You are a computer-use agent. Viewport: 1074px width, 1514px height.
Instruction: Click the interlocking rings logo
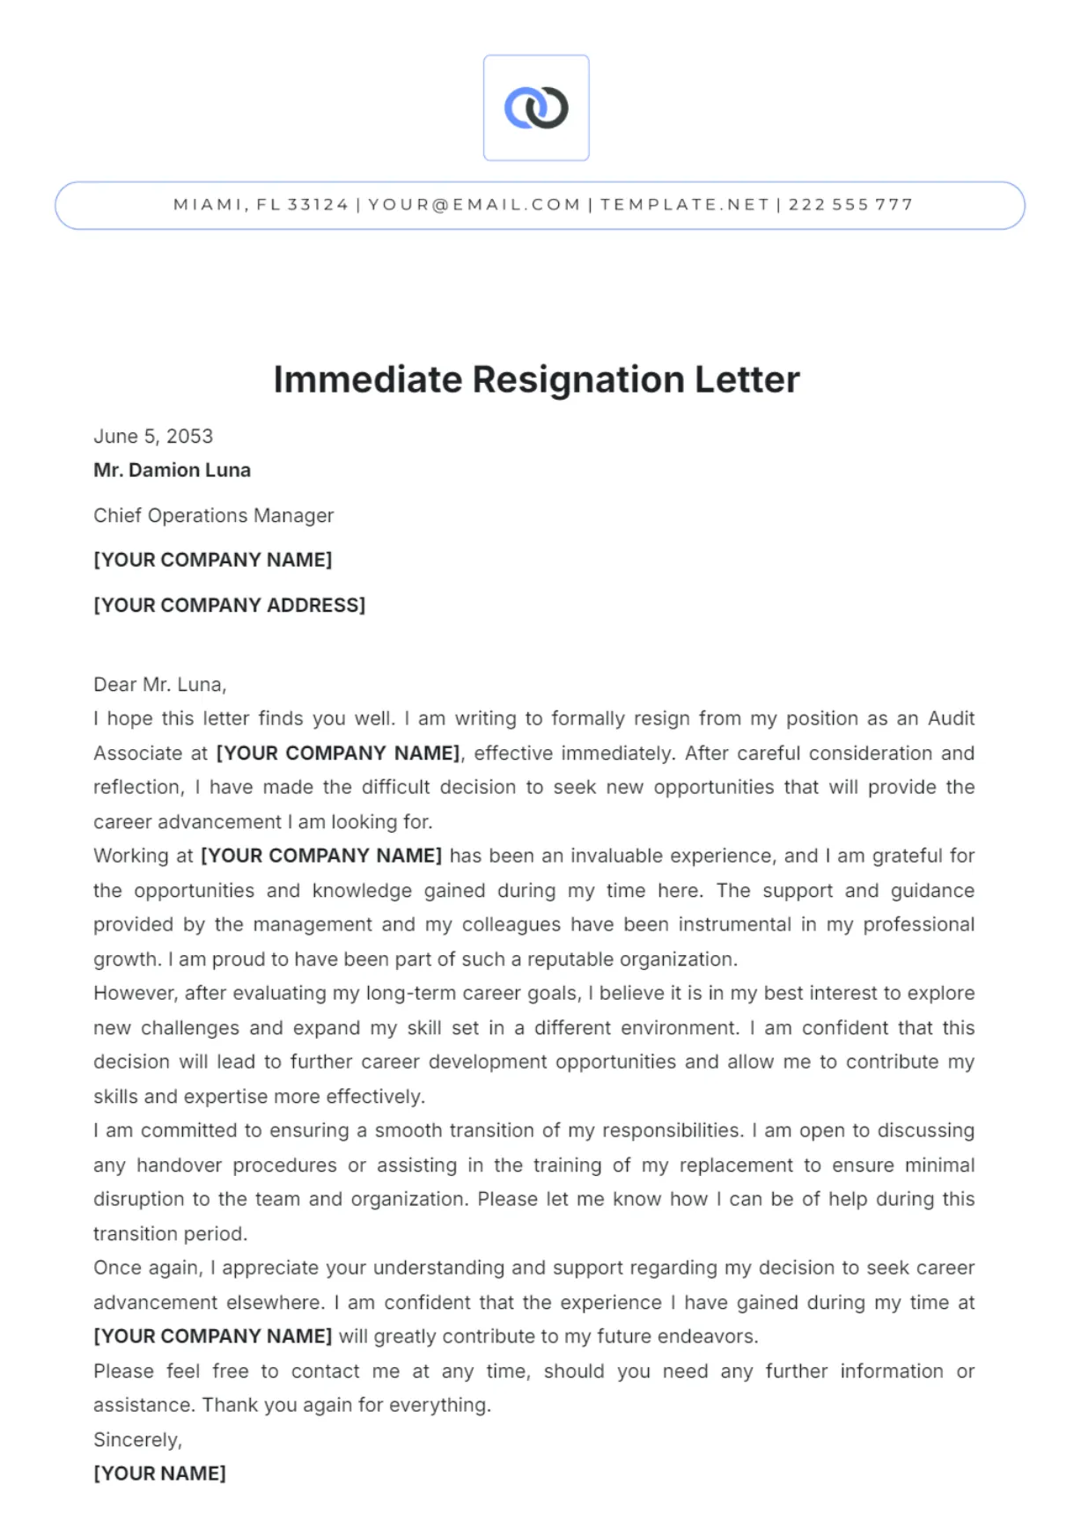pyautogui.click(x=536, y=108)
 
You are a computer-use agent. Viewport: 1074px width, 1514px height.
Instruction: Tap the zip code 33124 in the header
pyautogui.click(x=318, y=205)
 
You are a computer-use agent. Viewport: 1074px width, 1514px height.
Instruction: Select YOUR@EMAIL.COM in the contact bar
pyautogui.click(x=474, y=205)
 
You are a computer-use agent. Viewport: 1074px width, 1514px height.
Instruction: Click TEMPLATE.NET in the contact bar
pyautogui.click(x=685, y=205)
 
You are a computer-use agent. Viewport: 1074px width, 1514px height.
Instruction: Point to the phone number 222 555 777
pyautogui.click(x=850, y=205)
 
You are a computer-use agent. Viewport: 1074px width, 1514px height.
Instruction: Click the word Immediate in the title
pyautogui.click(x=367, y=380)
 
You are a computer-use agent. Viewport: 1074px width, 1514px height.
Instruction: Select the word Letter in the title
pyautogui.click(x=747, y=380)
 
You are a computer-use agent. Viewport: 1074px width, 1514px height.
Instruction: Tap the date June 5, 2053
pyautogui.click(x=153, y=437)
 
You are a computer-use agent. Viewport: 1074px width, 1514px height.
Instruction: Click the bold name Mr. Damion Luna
pyautogui.click(x=172, y=470)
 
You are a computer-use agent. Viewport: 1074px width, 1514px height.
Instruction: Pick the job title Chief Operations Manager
pyautogui.click(x=213, y=516)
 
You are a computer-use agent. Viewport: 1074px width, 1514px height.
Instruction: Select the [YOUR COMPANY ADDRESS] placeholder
pyautogui.click(x=229, y=606)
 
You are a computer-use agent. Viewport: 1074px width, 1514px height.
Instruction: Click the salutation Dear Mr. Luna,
pyautogui.click(x=159, y=685)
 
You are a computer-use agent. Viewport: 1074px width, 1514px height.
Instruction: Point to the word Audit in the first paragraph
pyautogui.click(x=951, y=719)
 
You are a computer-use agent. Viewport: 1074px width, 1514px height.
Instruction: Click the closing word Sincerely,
pyautogui.click(x=137, y=1440)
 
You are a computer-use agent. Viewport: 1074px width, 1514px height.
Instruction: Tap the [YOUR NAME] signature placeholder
pyautogui.click(x=159, y=1474)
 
